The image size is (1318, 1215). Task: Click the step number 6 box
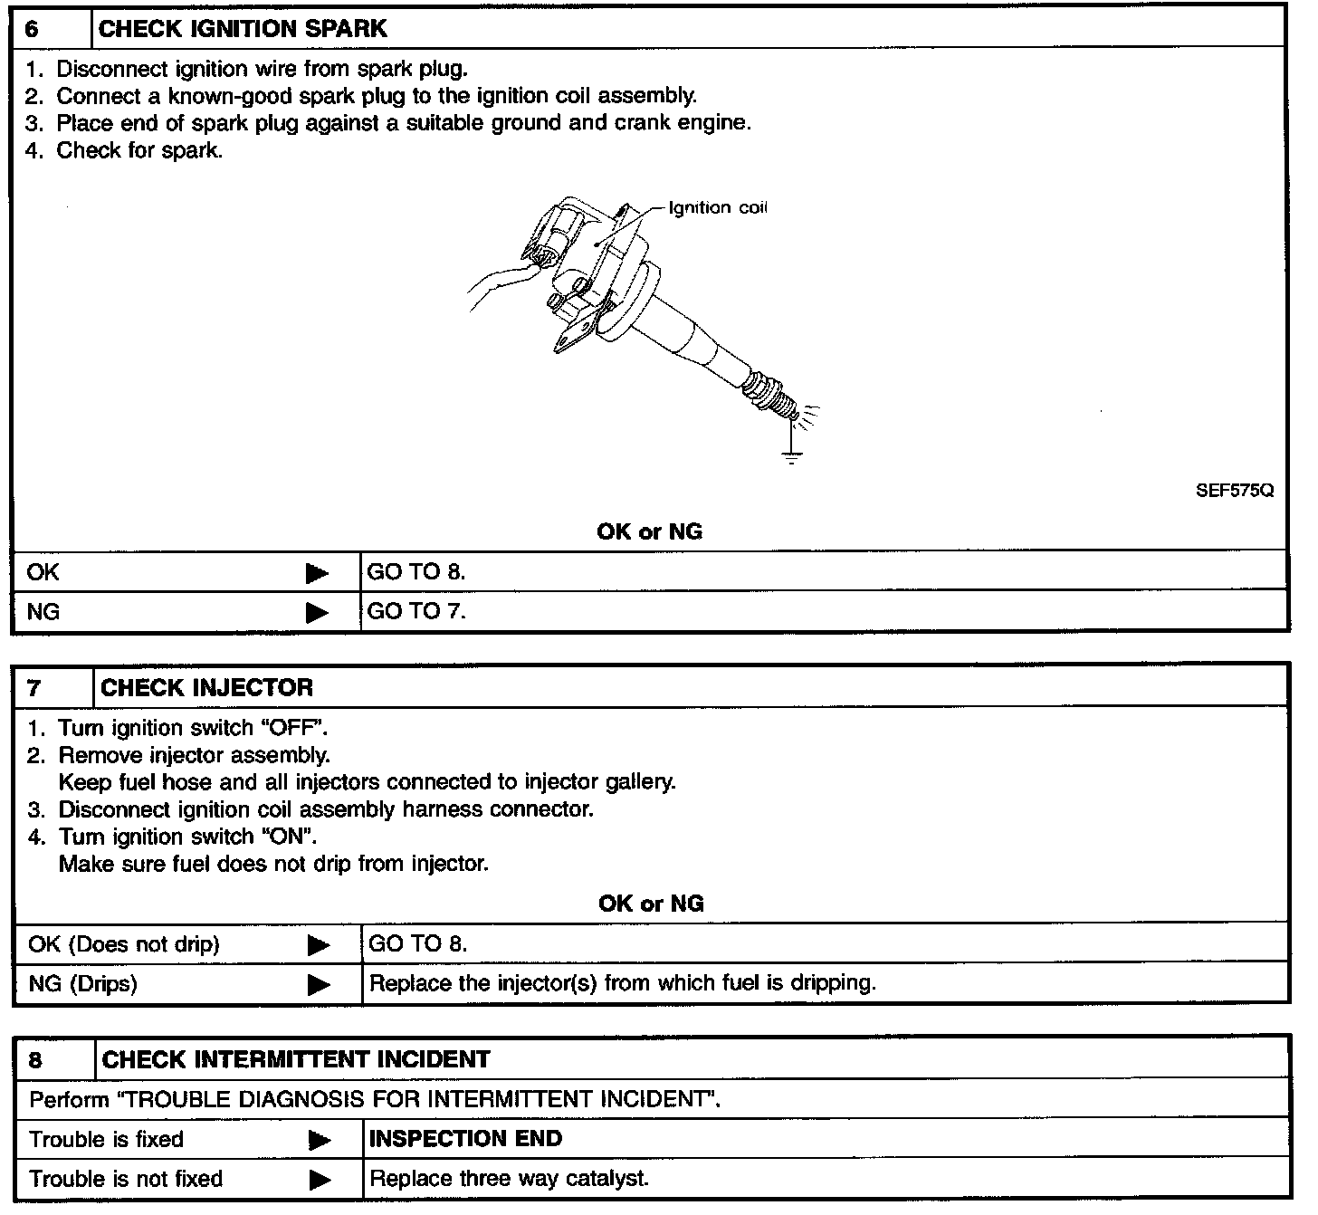(51, 28)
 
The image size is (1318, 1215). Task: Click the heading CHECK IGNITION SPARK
(243, 28)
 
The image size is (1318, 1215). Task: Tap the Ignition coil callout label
(717, 207)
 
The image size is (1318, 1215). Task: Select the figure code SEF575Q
(1235, 490)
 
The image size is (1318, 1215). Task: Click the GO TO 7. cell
(416, 611)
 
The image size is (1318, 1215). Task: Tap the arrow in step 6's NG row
(317, 613)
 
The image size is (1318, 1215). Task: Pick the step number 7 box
(53, 687)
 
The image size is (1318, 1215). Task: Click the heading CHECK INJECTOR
(207, 687)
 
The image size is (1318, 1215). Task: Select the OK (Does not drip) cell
(124, 944)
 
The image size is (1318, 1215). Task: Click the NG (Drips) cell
(83, 983)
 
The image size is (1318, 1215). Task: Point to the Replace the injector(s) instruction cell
(623, 983)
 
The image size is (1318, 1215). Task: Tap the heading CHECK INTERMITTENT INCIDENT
(296, 1059)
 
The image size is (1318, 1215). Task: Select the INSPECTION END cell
(466, 1139)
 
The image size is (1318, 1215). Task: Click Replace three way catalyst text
(510, 1179)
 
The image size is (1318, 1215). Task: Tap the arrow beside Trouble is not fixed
(320, 1180)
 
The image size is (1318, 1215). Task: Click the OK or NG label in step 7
(651, 904)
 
